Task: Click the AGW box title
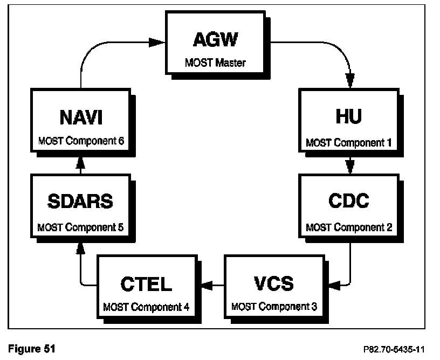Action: tap(216, 41)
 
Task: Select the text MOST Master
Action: tap(216, 63)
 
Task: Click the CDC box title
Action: tap(349, 201)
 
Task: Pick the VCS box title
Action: tap(273, 283)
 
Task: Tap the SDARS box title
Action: tap(80, 202)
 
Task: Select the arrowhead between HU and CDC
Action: tap(350, 162)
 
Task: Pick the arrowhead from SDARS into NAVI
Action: tap(80, 162)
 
